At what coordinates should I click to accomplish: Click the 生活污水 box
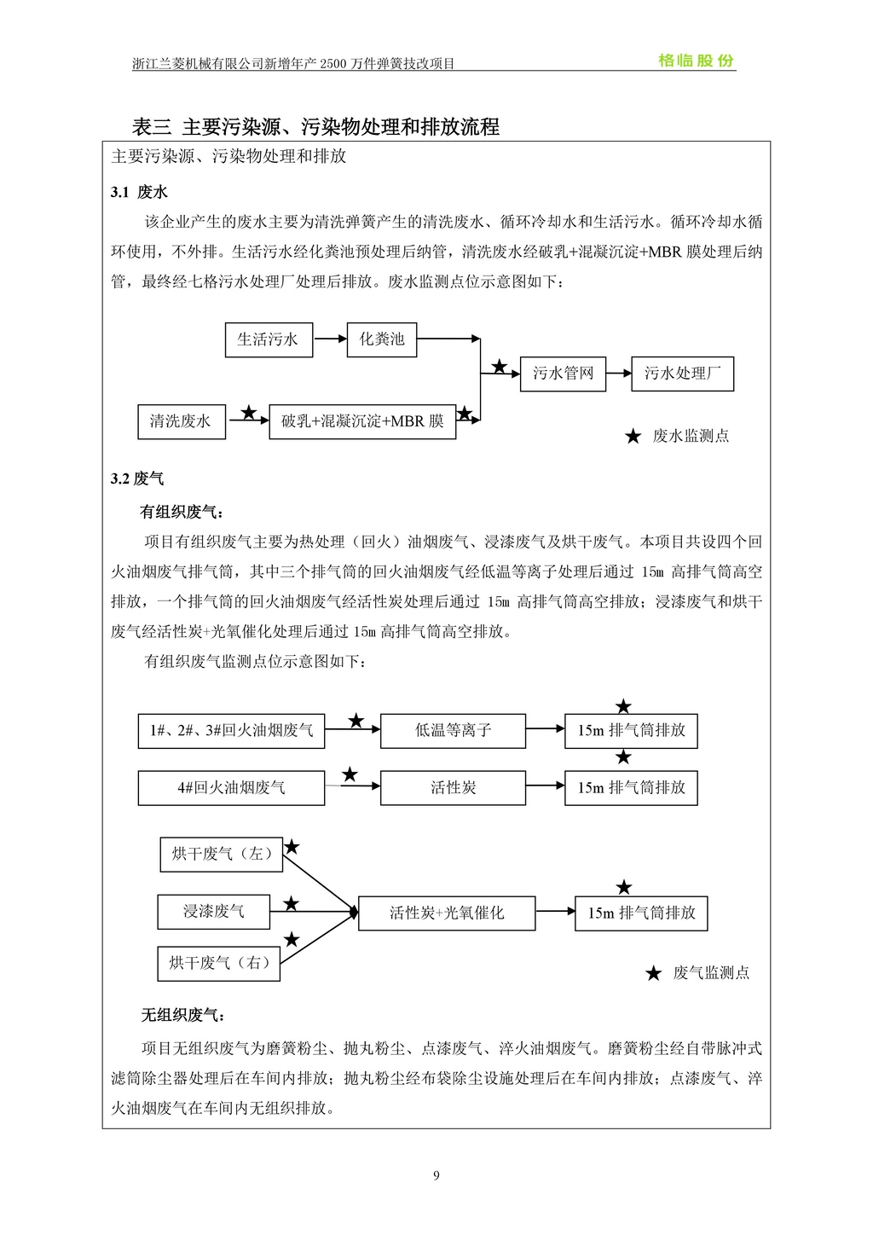(x=269, y=339)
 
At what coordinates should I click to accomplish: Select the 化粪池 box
(x=381, y=339)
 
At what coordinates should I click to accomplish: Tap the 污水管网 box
(x=563, y=374)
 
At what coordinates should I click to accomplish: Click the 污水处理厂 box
(x=682, y=374)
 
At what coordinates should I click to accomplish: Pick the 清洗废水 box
(x=182, y=421)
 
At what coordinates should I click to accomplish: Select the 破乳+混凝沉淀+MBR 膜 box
(x=362, y=421)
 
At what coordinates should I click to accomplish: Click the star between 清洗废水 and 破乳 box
(x=248, y=414)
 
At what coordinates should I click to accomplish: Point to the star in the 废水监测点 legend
(x=633, y=437)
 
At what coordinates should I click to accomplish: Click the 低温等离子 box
(x=453, y=731)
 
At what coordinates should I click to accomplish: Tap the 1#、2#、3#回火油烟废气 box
(x=231, y=731)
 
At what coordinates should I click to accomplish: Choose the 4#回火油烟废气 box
(x=231, y=788)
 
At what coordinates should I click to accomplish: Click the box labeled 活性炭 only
(x=453, y=788)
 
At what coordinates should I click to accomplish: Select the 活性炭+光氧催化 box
(x=447, y=913)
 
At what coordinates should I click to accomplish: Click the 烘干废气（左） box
(x=221, y=854)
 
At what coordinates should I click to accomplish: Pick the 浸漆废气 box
(x=213, y=912)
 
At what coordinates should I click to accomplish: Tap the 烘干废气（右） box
(x=219, y=964)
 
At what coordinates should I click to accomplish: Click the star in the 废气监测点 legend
(x=653, y=974)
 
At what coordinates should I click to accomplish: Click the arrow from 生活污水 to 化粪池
(x=329, y=339)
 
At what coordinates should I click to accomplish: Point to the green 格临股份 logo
(x=696, y=61)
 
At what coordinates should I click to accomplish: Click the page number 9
(x=436, y=1176)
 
